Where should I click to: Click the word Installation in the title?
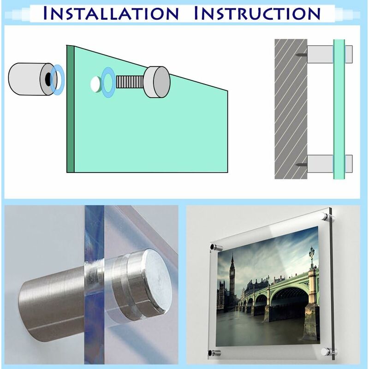tap(111, 13)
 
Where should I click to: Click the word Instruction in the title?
tap(257, 13)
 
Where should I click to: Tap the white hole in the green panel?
tap(96, 84)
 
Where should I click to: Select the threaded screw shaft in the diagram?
tap(130, 82)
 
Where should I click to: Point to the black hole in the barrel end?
tap(48, 78)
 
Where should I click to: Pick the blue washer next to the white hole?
tap(108, 82)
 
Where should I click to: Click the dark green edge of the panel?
tap(71, 109)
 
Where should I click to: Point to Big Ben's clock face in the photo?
tap(232, 273)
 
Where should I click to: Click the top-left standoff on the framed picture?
tap(216, 247)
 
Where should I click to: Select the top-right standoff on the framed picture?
tap(328, 216)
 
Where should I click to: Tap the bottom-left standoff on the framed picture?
tap(214, 353)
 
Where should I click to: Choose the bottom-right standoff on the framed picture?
tap(328, 351)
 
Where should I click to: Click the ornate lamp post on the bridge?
tap(312, 257)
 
